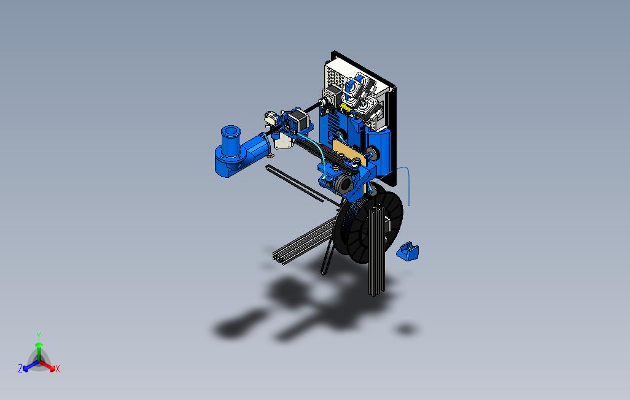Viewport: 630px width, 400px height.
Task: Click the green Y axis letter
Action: [38, 336]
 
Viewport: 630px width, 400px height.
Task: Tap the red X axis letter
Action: [57, 369]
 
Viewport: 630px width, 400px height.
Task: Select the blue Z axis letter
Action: [20, 369]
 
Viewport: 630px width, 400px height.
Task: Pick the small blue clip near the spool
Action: [408, 252]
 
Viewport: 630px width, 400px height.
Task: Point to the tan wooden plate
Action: [348, 150]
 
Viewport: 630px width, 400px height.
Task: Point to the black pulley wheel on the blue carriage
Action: [344, 183]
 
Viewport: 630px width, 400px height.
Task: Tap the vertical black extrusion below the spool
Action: [376, 270]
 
